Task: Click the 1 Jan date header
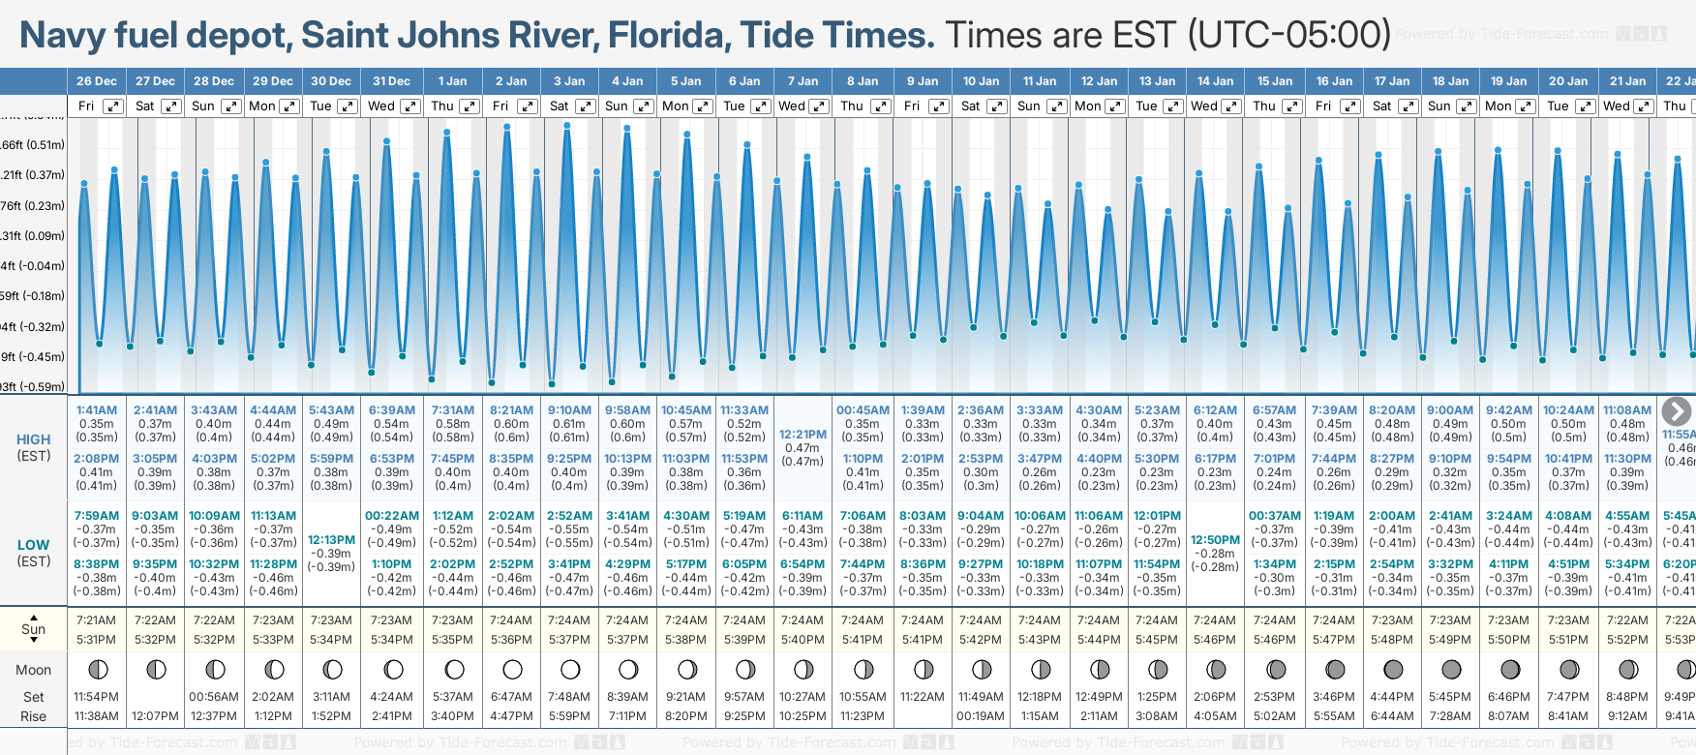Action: (452, 81)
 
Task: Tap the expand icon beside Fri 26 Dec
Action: (113, 106)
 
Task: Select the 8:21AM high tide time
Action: (511, 410)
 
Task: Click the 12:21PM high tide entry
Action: (803, 435)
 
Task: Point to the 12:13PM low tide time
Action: (331, 540)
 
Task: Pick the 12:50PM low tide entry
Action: (1215, 540)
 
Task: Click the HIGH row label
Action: (33, 439)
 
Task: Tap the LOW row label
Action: (33, 545)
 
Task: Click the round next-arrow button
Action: (1677, 411)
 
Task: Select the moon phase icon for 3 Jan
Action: (570, 669)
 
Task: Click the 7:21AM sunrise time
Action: (96, 620)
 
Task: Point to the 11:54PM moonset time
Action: (96, 697)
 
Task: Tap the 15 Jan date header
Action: (1275, 81)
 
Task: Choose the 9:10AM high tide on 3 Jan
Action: (569, 410)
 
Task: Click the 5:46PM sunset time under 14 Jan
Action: (1215, 640)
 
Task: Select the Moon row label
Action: (33, 670)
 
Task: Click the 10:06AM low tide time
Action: (1040, 516)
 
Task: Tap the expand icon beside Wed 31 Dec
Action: (409, 106)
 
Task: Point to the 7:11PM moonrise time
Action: (627, 716)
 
